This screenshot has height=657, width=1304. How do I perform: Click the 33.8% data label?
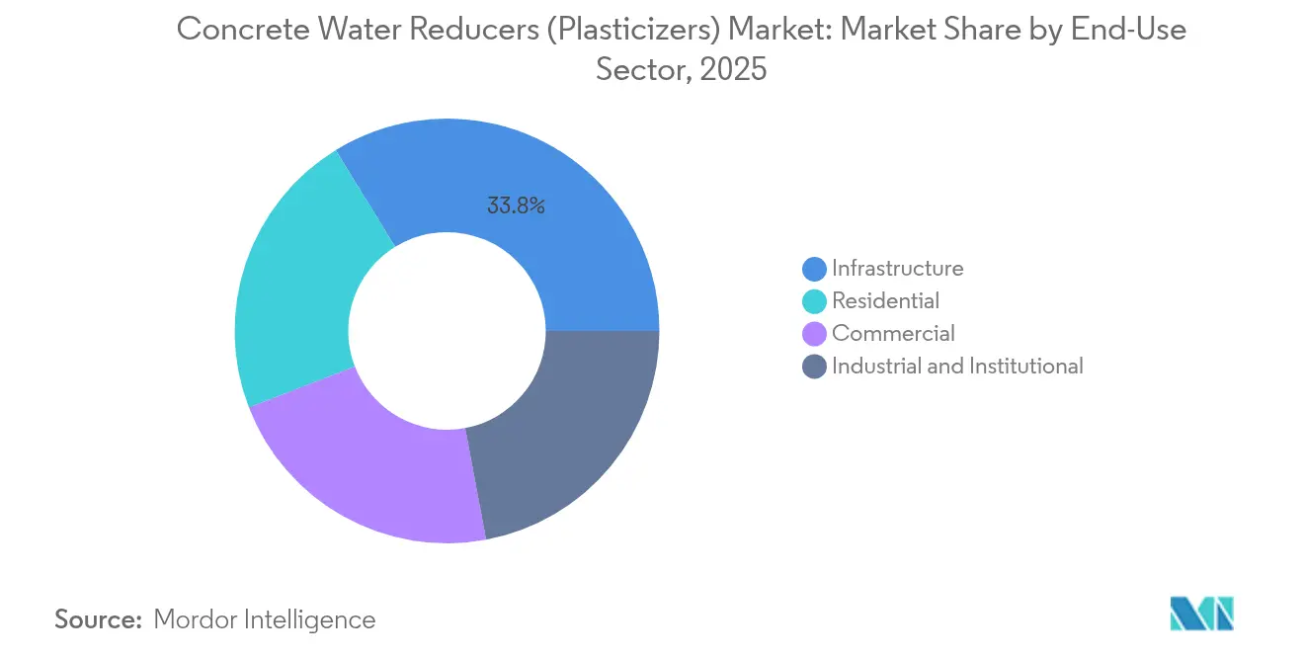(516, 206)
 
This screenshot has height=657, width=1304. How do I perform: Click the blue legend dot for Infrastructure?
(814, 268)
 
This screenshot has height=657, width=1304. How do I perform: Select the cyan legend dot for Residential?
(814, 300)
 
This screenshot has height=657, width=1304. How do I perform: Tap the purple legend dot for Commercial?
(814, 334)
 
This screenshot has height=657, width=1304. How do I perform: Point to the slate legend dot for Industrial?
(814, 367)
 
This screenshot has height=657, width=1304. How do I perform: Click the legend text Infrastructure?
(897, 268)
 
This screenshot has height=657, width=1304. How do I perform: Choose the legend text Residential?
(885, 300)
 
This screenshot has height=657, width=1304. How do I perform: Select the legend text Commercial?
(893, 334)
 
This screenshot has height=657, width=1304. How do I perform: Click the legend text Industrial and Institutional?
(957, 367)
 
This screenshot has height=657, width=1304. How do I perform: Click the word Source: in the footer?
(99, 619)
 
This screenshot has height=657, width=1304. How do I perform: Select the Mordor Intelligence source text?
(265, 619)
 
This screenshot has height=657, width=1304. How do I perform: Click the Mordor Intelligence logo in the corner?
(1201, 613)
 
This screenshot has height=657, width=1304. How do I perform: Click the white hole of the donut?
(447, 331)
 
